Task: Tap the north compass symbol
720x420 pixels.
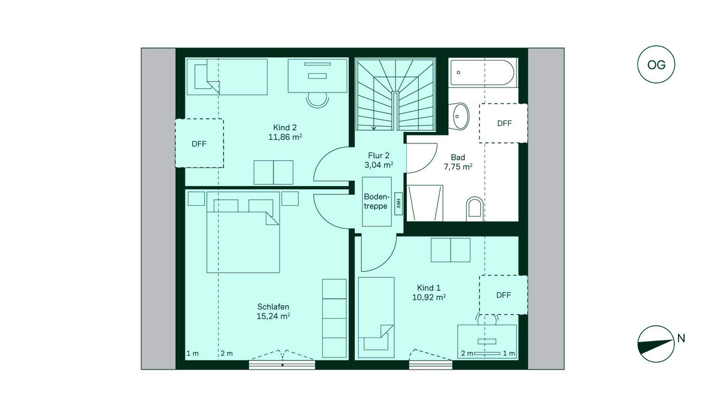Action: click(x=656, y=344)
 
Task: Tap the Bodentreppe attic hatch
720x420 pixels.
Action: click(x=377, y=202)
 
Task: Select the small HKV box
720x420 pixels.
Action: click(x=398, y=203)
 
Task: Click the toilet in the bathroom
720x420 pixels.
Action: click(x=475, y=209)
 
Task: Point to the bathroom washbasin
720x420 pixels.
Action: click(x=459, y=116)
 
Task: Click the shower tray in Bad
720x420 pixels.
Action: click(x=425, y=203)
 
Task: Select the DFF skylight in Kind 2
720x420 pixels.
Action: click(x=199, y=143)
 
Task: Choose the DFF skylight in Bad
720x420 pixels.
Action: click(x=503, y=123)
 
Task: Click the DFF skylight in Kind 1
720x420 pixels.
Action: click(x=503, y=295)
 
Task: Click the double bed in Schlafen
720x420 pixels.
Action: click(x=243, y=232)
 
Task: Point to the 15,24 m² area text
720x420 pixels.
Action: click(x=273, y=316)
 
